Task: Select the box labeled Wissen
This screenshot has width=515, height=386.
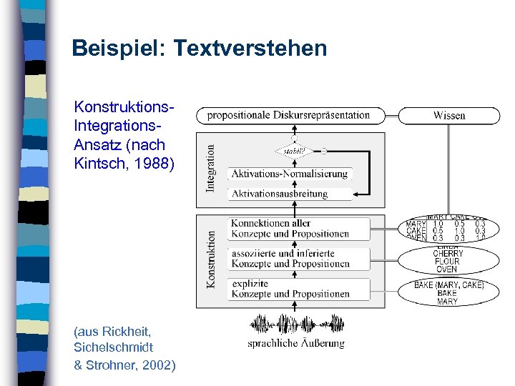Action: (x=449, y=115)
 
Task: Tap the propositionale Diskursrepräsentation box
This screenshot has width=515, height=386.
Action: (x=289, y=115)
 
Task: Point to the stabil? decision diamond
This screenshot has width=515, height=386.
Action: (x=293, y=151)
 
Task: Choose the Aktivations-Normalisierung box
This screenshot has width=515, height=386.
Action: (x=290, y=174)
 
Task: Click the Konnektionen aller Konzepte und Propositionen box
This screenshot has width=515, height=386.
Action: (x=290, y=229)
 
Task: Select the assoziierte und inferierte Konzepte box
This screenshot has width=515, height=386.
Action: (x=290, y=258)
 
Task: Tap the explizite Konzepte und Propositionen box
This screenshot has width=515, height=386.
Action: (x=290, y=289)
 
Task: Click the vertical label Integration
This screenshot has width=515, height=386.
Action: (x=210, y=169)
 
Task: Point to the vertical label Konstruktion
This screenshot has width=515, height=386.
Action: (x=210, y=259)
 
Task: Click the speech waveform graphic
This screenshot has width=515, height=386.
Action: (x=295, y=325)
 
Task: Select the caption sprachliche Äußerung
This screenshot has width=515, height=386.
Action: (x=296, y=344)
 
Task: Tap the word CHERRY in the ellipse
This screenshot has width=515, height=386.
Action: (x=448, y=254)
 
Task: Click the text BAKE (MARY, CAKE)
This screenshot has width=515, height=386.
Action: (x=449, y=285)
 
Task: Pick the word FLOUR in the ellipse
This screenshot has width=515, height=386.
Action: (x=448, y=262)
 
